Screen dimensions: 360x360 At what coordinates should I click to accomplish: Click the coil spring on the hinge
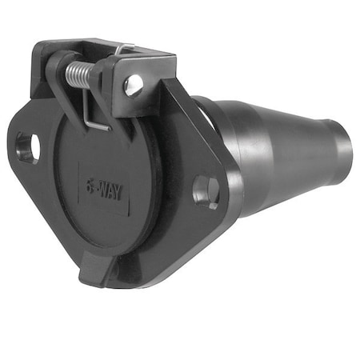click(x=78, y=74)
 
